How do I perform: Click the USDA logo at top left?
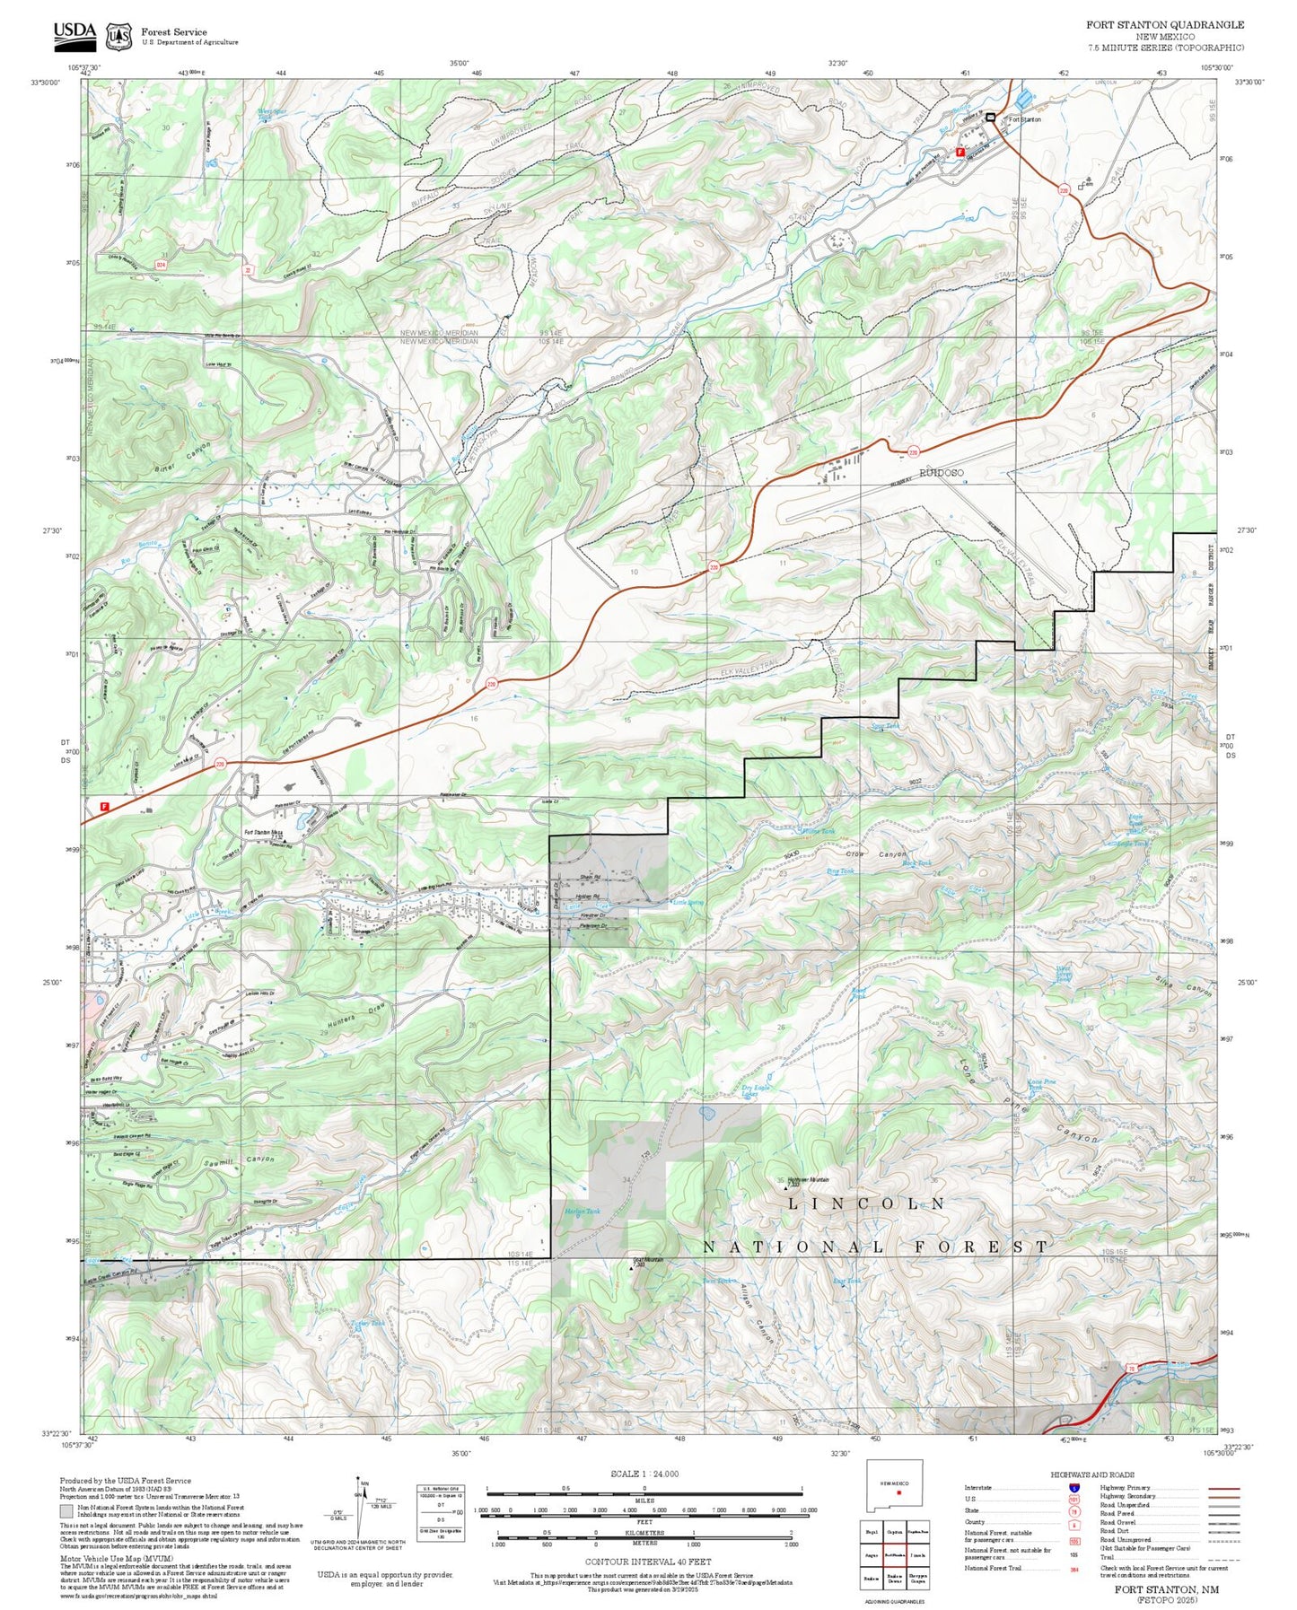click(x=74, y=34)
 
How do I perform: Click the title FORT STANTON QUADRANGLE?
click(x=1165, y=24)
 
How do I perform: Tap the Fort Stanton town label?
click(x=1024, y=119)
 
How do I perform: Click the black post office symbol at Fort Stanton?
click(x=991, y=118)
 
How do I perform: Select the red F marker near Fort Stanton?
click(x=960, y=153)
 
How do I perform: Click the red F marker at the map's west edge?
click(x=104, y=806)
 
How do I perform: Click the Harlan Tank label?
click(x=582, y=1212)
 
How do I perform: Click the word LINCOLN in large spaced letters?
click(x=866, y=1203)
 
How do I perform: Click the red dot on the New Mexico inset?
click(x=898, y=1493)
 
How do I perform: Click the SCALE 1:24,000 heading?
click(x=644, y=1474)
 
